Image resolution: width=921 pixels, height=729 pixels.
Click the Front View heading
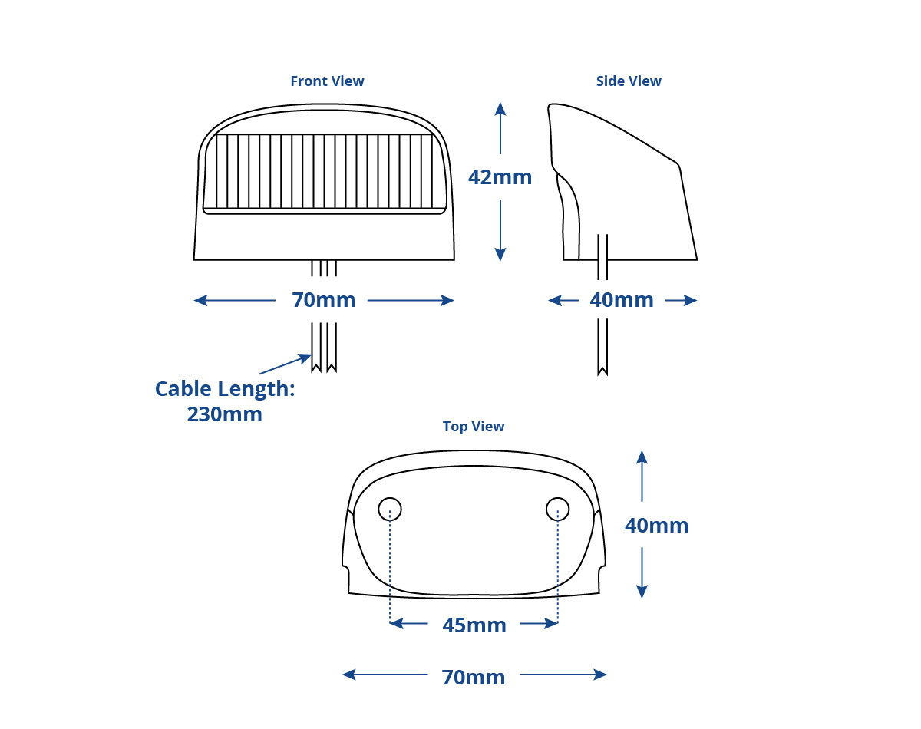coord(327,81)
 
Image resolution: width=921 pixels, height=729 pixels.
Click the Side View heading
coord(629,81)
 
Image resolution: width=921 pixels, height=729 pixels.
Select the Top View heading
coord(474,427)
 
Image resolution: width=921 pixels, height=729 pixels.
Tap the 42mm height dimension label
coord(500,177)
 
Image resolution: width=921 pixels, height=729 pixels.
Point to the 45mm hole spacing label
coord(474,625)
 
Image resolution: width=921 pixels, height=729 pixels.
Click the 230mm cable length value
coord(225,414)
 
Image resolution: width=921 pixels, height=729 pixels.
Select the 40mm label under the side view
coord(622,300)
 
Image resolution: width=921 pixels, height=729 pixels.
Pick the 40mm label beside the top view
coord(656,526)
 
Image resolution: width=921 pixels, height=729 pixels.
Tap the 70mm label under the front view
coord(324,300)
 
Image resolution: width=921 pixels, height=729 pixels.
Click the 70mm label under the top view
coord(474,678)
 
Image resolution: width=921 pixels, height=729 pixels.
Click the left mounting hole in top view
coord(390,510)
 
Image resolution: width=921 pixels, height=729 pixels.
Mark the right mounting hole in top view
coord(558,510)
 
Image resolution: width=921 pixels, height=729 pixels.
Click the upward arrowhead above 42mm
coord(500,109)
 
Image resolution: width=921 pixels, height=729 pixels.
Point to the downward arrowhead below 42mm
coord(500,254)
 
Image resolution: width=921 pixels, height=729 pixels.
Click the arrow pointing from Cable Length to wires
coord(286,364)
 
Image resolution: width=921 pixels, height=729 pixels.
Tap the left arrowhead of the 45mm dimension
coord(396,623)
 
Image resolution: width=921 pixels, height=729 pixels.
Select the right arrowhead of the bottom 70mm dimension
coord(600,675)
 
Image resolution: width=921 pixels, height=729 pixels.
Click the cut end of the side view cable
coord(602,371)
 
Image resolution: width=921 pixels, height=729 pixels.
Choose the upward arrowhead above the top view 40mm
coord(642,457)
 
